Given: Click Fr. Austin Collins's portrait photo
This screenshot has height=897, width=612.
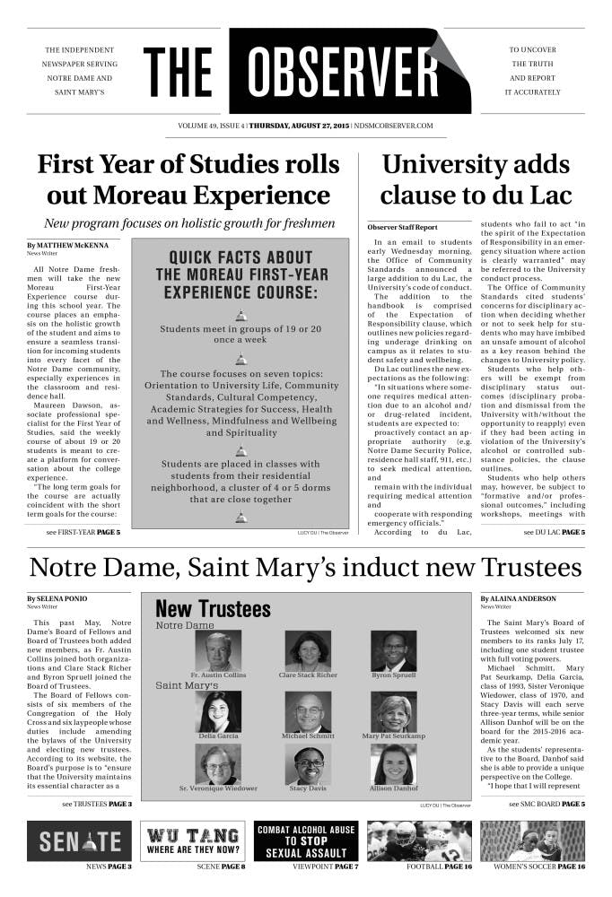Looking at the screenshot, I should click(218, 651).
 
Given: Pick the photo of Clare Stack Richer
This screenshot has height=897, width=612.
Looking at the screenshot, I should click(308, 651).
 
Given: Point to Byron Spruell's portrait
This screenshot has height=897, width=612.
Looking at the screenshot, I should click(393, 651).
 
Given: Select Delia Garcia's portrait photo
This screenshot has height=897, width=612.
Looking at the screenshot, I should click(218, 711).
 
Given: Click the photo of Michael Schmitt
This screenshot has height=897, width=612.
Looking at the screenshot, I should click(308, 711).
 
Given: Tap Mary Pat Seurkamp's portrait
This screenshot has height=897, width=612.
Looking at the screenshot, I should click(393, 711).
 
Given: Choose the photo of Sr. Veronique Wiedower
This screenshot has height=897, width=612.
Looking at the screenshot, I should click(218, 764).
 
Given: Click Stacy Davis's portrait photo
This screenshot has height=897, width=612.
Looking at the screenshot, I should click(308, 764).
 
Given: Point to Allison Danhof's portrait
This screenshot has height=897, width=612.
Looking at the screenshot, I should click(393, 764).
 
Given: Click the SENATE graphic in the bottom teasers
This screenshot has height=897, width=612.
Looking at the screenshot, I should click(80, 840).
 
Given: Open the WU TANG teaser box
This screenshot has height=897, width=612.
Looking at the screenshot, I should click(193, 840).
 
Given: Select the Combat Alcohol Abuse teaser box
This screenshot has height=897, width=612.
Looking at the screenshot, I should click(306, 840).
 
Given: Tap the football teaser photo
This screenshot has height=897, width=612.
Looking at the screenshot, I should click(420, 840).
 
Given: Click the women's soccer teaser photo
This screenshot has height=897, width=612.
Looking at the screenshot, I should click(533, 840).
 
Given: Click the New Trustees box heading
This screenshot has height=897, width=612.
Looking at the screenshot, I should click(213, 609).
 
